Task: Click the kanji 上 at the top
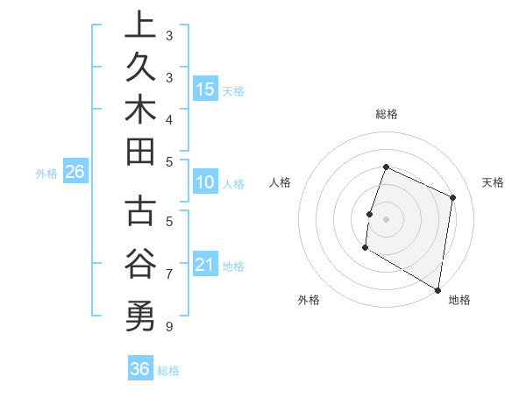(140, 25)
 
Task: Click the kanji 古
(140, 213)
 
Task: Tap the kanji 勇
(140, 314)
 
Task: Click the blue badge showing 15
(205, 89)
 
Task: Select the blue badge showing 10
(205, 183)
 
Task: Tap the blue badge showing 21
(205, 265)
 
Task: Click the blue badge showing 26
(75, 172)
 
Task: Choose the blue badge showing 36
(139, 369)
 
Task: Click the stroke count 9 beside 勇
(168, 327)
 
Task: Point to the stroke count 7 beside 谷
(168, 274)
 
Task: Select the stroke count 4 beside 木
(168, 118)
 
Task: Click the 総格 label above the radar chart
(386, 114)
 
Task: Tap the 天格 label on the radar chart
(493, 182)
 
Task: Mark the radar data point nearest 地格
(437, 289)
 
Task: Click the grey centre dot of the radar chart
(386, 218)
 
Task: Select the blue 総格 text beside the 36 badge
(168, 371)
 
